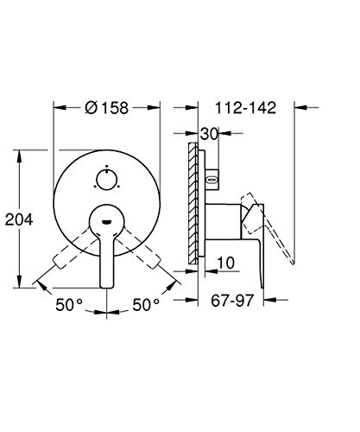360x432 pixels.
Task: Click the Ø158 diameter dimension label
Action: (x=107, y=108)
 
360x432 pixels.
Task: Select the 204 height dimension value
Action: (x=19, y=219)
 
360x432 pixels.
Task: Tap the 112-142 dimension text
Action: (x=245, y=108)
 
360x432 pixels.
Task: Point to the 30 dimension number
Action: (x=209, y=134)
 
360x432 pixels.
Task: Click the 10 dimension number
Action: (x=226, y=263)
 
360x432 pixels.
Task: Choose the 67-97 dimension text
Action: (x=232, y=301)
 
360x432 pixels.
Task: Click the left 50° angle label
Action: (x=69, y=305)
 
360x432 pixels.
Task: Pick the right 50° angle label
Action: (x=146, y=305)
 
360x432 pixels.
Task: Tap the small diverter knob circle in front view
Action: (x=107, y=179)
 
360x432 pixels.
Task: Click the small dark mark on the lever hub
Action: (x=107, y=222)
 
